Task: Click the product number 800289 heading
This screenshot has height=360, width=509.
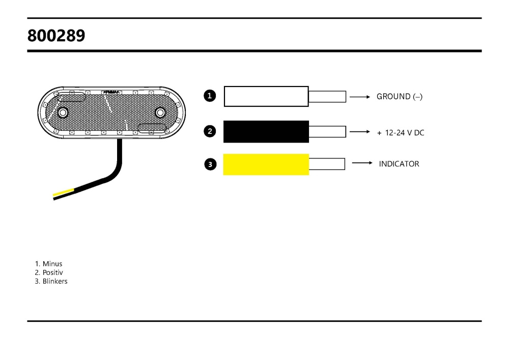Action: click(56, 36)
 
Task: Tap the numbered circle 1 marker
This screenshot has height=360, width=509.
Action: click(209, 96)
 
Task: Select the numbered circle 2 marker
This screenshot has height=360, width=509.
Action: click(209, 131)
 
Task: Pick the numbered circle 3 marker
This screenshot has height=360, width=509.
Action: click(209, 164)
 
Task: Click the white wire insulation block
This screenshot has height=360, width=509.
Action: click(266, 96)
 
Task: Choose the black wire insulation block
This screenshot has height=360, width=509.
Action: click(266, 131)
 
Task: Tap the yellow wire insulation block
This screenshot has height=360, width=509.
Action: click(266, 164)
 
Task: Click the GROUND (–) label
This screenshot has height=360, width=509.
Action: click(399, 97)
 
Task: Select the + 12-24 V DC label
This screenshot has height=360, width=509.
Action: click(400, 133)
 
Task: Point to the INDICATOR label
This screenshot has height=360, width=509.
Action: click(399, 164)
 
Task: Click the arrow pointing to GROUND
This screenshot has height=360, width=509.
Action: click(359, 96)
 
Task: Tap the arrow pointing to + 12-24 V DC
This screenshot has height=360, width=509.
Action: click(359, 131)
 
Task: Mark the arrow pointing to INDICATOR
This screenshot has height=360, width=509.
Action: click(362, 163)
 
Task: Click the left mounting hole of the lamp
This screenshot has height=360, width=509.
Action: click(63, 112)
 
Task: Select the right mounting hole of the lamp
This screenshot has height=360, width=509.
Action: click(160, 112)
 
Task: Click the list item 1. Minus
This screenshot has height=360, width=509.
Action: click(49, 264)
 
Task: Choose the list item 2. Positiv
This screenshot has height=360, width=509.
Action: click(49, 272)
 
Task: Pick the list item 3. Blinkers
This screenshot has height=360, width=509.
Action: click(51, 281)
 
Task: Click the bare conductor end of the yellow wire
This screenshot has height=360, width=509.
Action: click(327, 164)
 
